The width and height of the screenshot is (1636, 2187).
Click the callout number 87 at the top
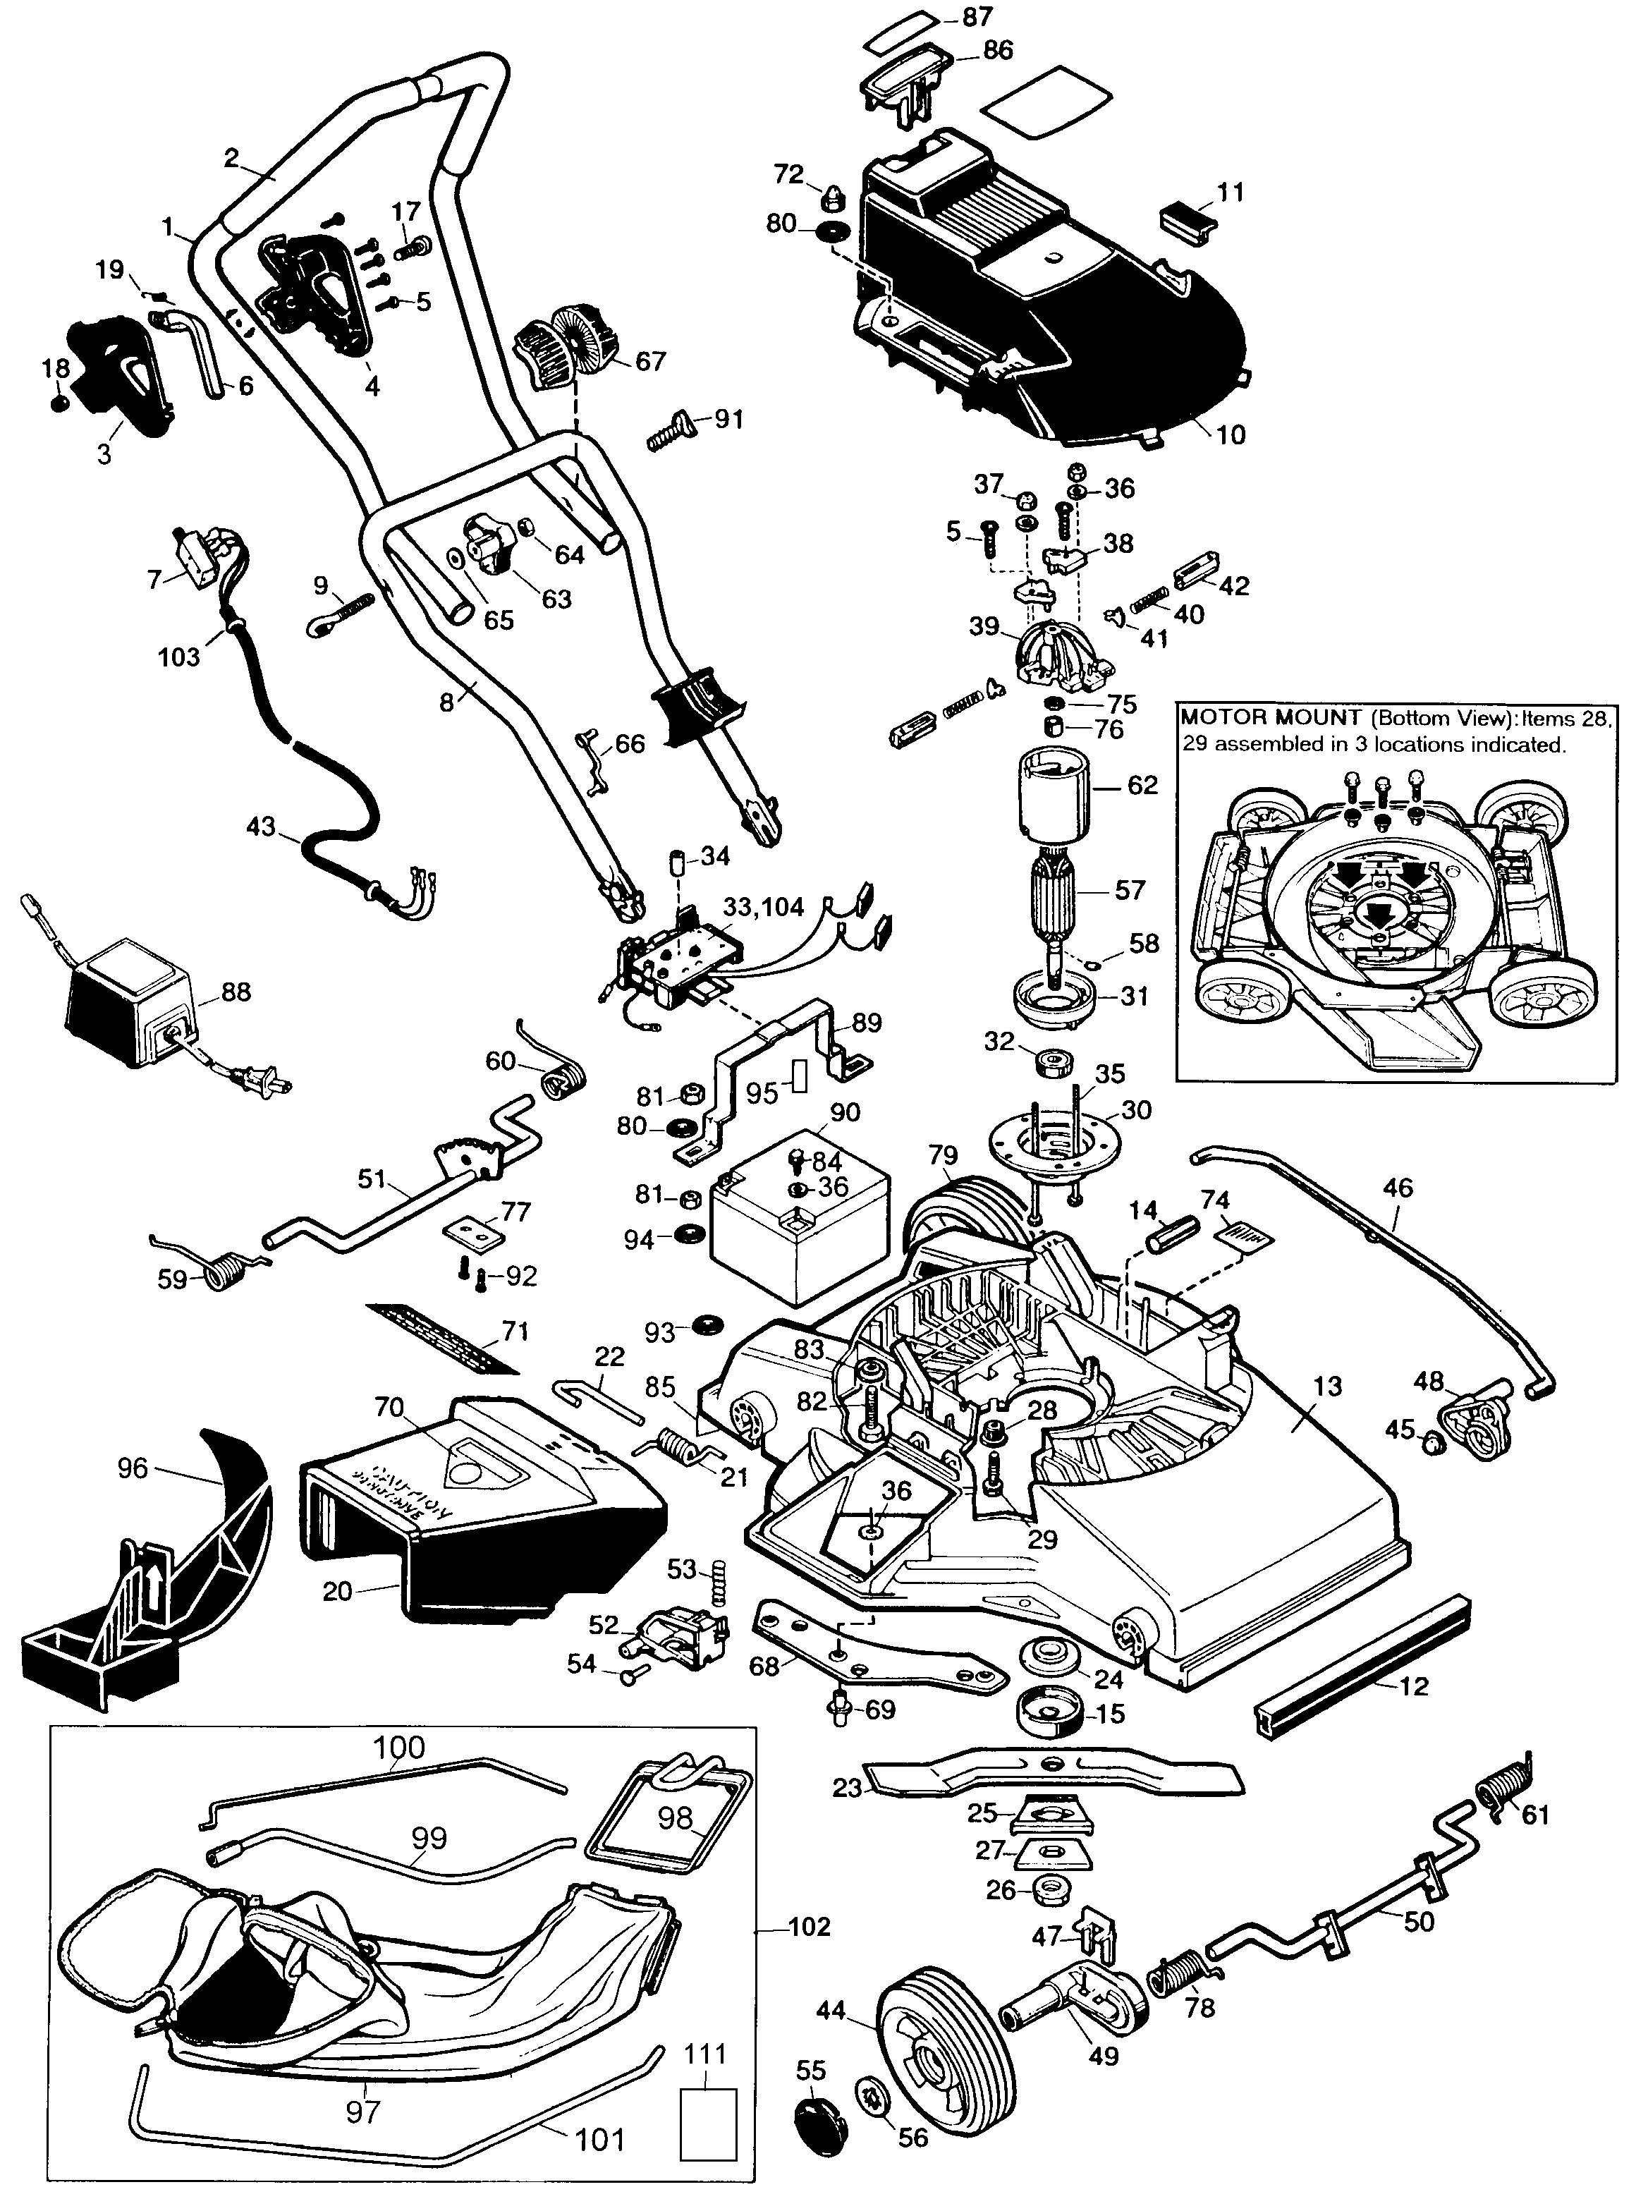pyautogui.click(x=977, y=18)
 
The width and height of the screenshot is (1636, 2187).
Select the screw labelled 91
pyautogui.click(x=672, y=433)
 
